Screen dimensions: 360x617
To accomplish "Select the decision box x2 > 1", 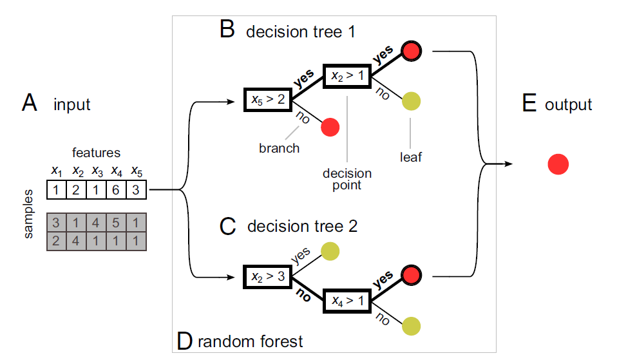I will click(x=347, y=75).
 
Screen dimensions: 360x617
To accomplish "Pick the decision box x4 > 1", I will click(x=347, y=300).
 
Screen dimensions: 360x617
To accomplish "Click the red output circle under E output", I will click(x=558, y=165).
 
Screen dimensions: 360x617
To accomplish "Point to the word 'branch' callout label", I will click(x=279, y=148).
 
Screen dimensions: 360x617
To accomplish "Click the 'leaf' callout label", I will click(x=410, y=156).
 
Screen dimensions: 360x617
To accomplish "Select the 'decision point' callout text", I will click(x=348, y=180).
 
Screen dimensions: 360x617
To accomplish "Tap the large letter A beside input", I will click(x=30, y=103).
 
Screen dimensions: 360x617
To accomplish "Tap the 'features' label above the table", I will click(x=96, y=153).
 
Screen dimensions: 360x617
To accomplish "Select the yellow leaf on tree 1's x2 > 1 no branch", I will click(x=411, y=101).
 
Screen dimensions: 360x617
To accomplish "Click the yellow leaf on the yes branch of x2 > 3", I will click(x=330, y=251).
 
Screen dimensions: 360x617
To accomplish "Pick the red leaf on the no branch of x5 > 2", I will click(x=330, y=128).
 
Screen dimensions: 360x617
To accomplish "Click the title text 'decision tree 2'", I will click(x=301, y=226).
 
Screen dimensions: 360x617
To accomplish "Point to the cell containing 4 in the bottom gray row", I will click(x=77, y=240).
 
